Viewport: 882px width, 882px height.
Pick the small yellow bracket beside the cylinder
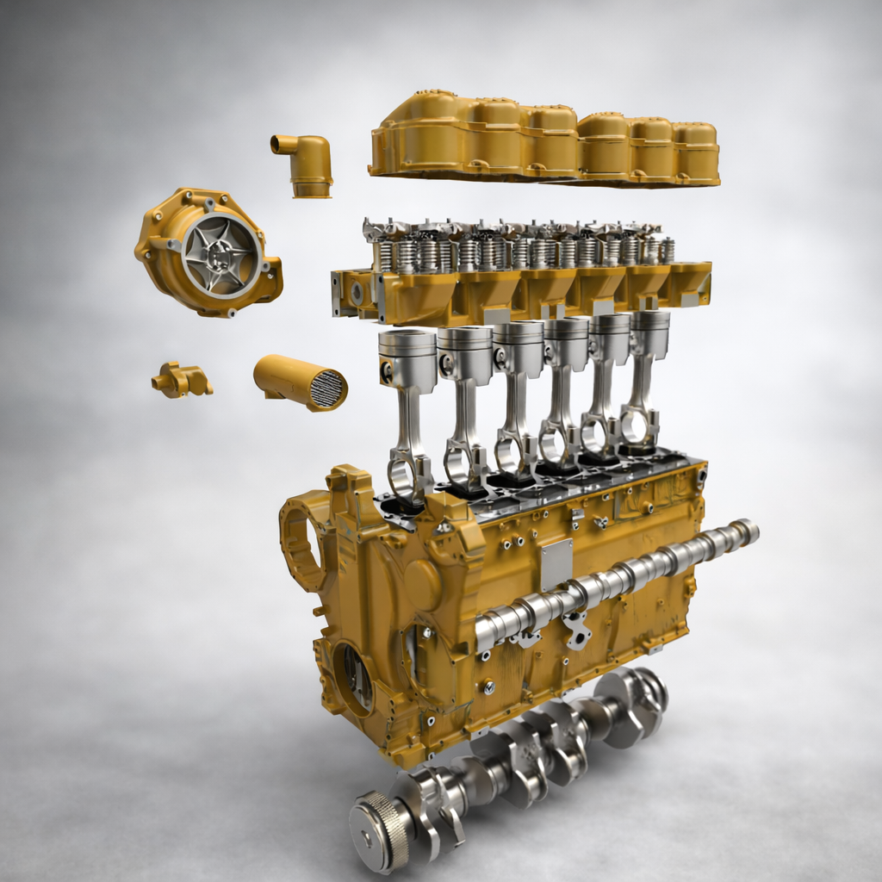point(180,380)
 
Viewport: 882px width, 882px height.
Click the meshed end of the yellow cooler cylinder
point(328,388)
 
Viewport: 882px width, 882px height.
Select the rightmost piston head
point(649,333)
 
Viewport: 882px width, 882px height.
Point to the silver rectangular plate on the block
point(556,564)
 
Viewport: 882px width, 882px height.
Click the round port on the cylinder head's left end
point(357,294)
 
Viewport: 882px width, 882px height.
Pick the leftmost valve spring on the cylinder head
point(384,255)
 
